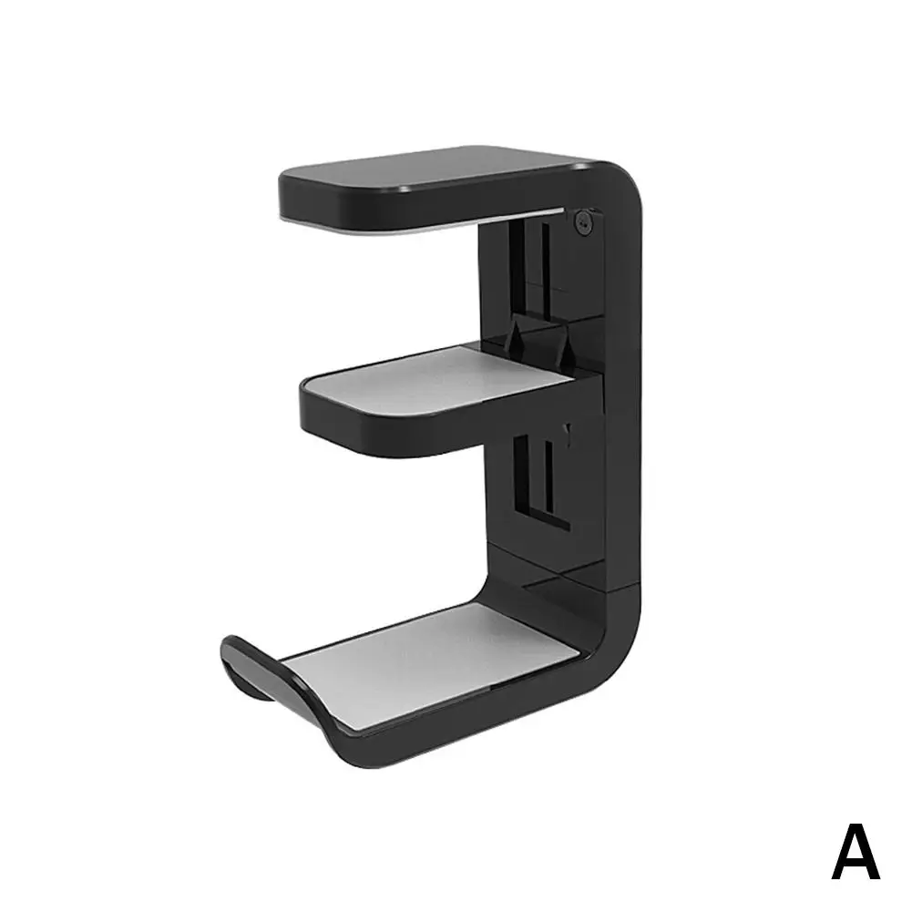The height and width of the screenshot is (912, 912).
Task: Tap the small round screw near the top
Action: point(583,220)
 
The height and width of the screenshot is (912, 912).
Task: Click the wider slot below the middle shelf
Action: point(521,474)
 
